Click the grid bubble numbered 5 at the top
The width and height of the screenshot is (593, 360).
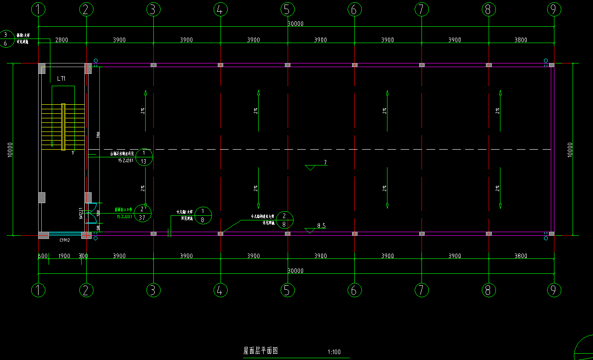click(287, 9)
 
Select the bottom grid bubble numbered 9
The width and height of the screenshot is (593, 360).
click(554, 290)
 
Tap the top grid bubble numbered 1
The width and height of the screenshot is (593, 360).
click(39, 9)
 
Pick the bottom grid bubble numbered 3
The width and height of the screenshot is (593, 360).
click(153, 290)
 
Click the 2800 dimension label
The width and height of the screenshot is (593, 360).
click(62, 40)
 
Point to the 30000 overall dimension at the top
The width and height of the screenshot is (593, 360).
click(296, 24)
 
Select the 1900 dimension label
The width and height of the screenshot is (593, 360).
click(64, 256)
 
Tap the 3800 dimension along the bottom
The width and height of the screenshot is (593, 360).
click(521, 256)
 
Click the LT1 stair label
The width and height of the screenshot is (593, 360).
click(62, 79)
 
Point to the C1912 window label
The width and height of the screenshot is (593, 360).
click(64, 240)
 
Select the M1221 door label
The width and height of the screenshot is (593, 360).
click(81, 213)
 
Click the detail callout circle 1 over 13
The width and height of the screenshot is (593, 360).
click(144, 157)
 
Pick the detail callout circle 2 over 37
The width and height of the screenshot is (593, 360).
click(142, 213)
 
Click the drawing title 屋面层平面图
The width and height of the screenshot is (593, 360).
click(260, 350)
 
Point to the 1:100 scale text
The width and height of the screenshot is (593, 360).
click(334, 352)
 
